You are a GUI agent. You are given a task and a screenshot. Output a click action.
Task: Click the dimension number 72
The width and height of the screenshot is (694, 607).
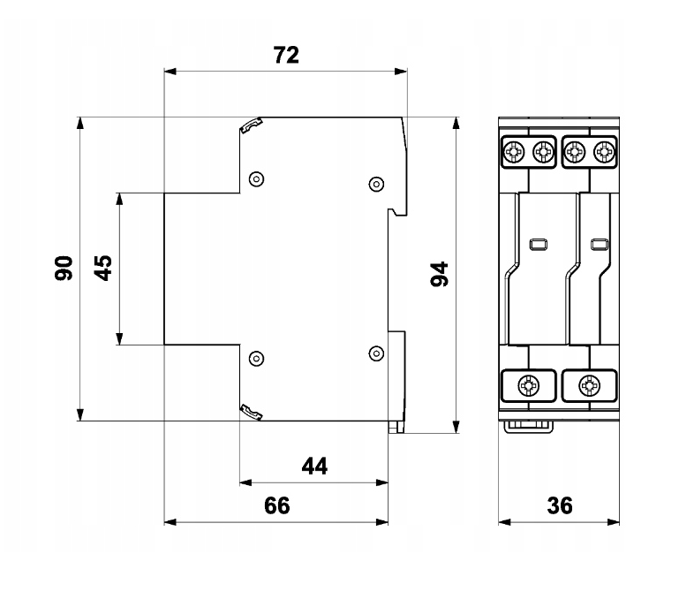pyautogui.click(x=286, y=56)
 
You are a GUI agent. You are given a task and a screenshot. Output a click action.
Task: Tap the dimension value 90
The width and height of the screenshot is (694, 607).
pyautogui.click(x=64, y=268)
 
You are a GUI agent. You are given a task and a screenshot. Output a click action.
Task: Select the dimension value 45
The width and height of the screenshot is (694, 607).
pyautogui.click(x=103, y=268)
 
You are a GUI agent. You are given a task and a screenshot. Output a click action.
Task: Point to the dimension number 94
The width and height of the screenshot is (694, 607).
pyautogui.click(x=440, y=275)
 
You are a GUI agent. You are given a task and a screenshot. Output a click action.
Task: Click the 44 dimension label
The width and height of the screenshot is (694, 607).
pyautogui.click(x=314, y=467)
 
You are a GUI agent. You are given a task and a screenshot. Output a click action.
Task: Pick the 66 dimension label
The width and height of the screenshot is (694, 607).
pyautogui.click(x=277, y=505)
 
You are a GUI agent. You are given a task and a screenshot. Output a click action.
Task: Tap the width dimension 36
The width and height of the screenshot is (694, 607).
pyautogui.click(x=560, y=505)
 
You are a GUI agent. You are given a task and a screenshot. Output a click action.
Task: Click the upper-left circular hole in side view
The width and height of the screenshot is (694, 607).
pyautogui.click(x=256, y=179)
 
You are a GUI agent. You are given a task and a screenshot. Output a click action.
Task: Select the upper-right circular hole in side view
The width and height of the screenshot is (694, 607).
pyautogui.click(x=376, y=184)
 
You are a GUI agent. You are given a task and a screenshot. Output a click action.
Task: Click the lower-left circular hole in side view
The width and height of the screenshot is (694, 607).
pyautogui.click(x=256, y=358)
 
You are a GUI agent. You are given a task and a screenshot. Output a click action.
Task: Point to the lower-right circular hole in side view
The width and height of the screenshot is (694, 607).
pyautogui.click(x=376, y=353)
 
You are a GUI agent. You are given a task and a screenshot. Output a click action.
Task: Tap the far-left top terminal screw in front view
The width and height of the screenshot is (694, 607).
pyautogui.click(x=513, y=152)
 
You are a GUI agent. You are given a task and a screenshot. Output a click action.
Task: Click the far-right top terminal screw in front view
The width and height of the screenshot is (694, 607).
pyautogui.click(x=604, y=152)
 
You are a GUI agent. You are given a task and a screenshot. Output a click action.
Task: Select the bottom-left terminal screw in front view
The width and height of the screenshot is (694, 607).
pyautogui.click(x=529, y=385)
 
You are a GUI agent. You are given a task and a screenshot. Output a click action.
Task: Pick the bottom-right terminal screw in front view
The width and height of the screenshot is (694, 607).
pyautogui.click(x=589, y=385)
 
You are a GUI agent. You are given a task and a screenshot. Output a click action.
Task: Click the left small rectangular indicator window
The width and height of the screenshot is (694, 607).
pyautogui.click(x=539, y=245)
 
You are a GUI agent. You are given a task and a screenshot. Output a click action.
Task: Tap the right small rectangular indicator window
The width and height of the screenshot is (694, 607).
pyautogui.click(x=600, y=245)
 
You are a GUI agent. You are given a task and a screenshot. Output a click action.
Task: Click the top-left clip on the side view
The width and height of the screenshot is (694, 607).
pyautogui.click(x=251, y=125)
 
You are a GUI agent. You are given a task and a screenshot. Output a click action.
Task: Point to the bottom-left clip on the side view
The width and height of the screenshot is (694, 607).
pyautogui.click(x=251, y=413)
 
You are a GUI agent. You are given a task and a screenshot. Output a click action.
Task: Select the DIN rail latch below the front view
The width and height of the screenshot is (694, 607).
pyautogui.click(x=529, y=427)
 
